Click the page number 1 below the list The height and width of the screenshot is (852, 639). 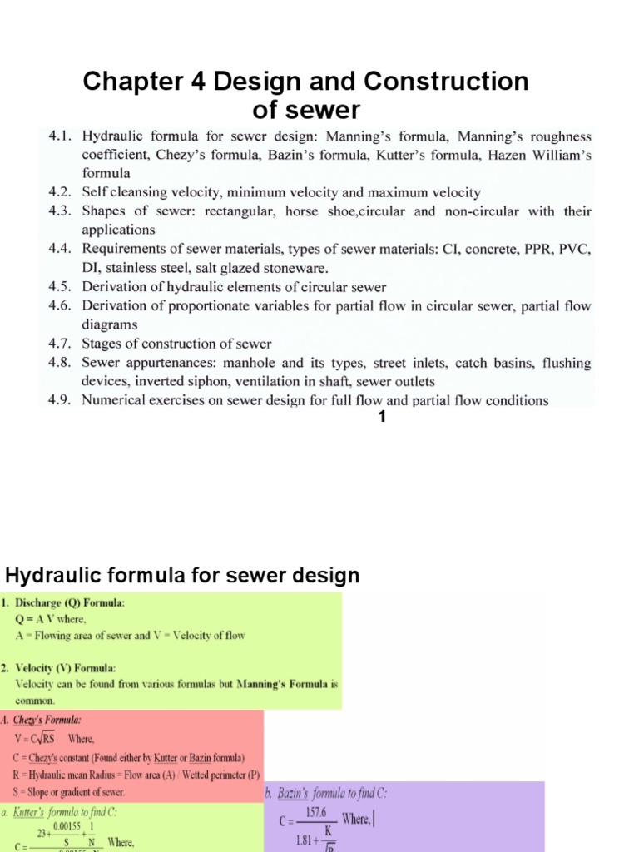(382, 418)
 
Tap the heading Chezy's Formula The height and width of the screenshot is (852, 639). (46, 720)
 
